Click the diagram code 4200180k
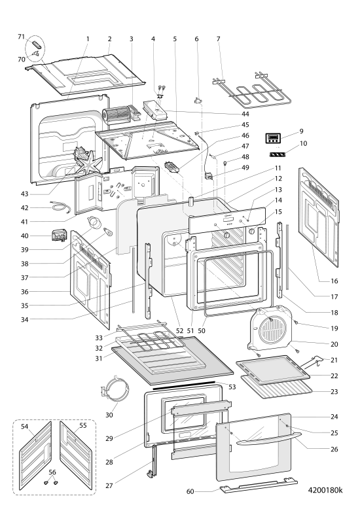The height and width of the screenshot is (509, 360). (x=325, y=489)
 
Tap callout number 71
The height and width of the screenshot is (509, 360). (x=21, y=37)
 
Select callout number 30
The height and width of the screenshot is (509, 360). (x=109, y=415)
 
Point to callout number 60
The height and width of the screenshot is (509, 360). (x=190, y=491)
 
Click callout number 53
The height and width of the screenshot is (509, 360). (x=232, y=387)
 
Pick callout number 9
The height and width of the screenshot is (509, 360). (x=302, y=131)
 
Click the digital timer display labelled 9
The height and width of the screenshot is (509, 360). (x=272, y=138)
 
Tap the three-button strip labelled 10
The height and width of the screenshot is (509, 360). (x=277, y=154)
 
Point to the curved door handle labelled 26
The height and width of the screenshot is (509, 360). (x=267, y=439)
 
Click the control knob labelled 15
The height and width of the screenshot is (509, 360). (x=251, y=231)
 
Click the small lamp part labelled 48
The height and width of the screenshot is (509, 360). (x=225, y=162)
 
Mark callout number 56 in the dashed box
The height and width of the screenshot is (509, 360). (x=52, y=472)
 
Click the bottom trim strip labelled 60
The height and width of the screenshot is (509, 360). (x=259, y=484)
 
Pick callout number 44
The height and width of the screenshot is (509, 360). (x=245, y=114)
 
